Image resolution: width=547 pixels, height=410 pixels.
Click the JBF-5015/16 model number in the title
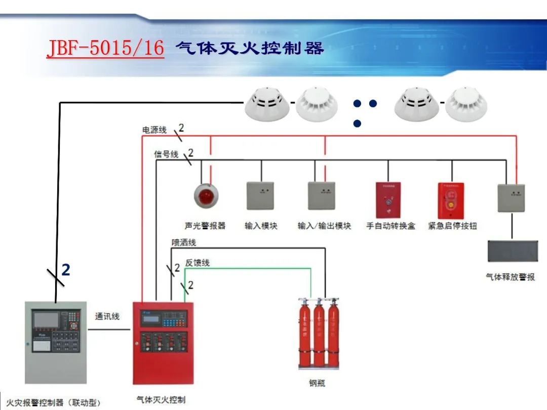[x=105, y=49]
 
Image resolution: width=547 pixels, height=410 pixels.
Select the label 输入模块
[x=261, y=226]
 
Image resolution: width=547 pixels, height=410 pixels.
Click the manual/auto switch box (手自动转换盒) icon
[x=388, y=200]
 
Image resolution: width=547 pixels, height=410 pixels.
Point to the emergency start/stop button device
[x=451, y=200]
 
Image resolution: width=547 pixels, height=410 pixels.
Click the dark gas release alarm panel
[x=513, y=251]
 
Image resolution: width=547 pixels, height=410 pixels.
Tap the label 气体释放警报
[x=511, y=277]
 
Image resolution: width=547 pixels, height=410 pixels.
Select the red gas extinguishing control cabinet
[x=163, y=343]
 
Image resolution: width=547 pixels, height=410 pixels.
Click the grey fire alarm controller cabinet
[x=56, y=342]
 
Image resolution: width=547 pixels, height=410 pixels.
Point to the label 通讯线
[x=107, y=316]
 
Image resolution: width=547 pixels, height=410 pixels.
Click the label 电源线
[x=154, y=130]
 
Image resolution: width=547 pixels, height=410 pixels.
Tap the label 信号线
[x=166, y=154]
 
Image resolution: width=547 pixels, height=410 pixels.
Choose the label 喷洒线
[x=184, y=242]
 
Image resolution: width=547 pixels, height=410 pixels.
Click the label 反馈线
[x=197, y=263]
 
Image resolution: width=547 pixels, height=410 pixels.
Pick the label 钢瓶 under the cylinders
[x=317, y=383]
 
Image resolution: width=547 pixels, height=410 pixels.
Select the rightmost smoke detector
[x=469, y=104]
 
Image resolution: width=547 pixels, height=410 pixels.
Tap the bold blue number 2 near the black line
[x=66, y=270]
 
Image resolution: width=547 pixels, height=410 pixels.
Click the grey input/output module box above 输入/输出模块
[x=322, y=196]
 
